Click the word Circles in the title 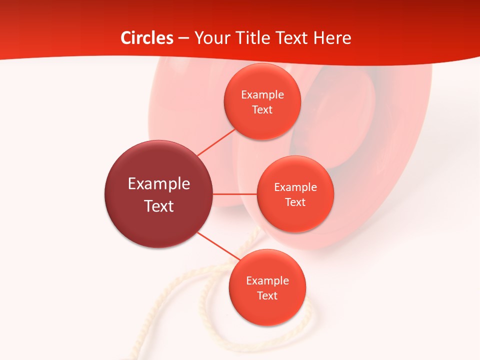point(147,38)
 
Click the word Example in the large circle point(159,184)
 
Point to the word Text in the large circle point(159,206)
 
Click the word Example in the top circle point(262,95)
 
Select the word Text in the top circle point(262,110)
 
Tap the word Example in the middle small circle point(295,187)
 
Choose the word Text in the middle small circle point(295,202)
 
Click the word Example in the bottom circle point(267,281)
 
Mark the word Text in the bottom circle point(267,296)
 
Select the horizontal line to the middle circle point(235,194)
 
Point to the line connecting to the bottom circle point(219,246)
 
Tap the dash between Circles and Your point(183,38)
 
